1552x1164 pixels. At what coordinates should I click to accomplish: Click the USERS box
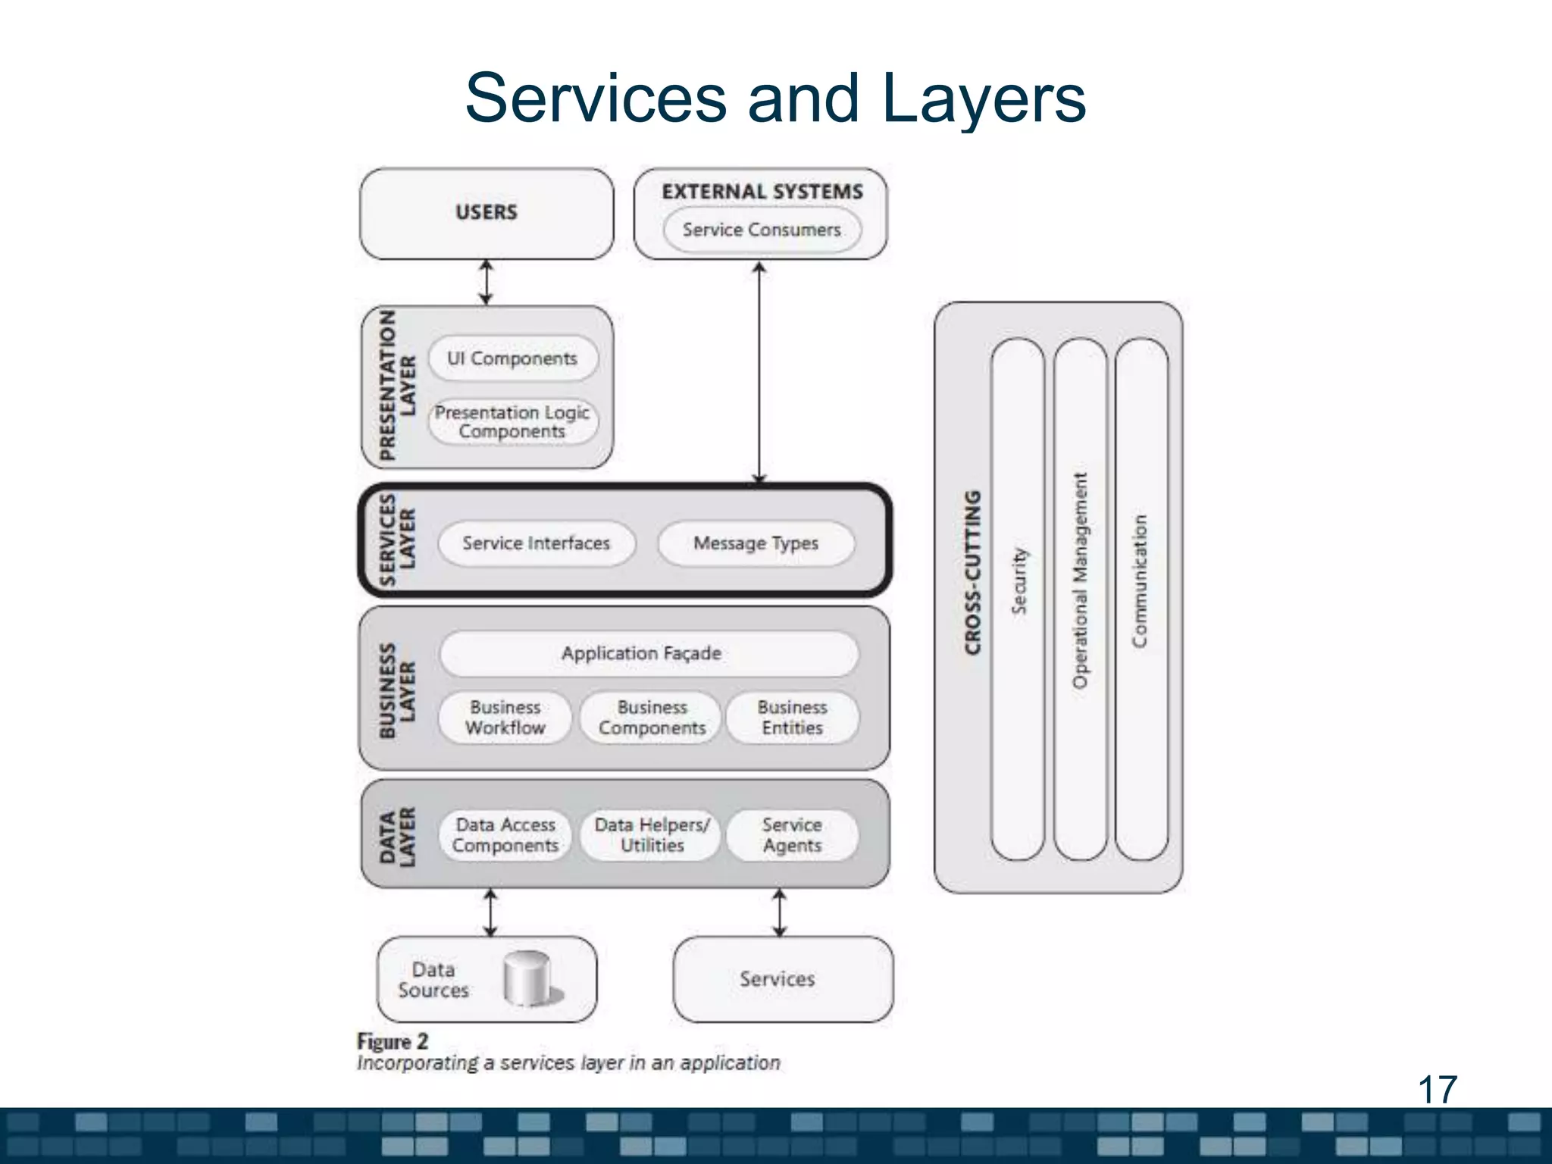487,213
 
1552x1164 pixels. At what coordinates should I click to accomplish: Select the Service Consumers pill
762,230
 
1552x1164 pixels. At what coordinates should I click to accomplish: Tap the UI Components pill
512,358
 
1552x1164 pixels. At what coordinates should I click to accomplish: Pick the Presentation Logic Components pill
512,422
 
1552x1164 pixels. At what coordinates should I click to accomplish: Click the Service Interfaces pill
537,543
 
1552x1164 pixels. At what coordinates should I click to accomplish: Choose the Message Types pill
756,543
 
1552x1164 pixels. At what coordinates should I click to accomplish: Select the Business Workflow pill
505,717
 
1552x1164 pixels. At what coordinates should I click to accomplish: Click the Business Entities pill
792,717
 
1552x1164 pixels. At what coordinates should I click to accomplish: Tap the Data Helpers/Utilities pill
652,834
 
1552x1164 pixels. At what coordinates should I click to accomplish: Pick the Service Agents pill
792,834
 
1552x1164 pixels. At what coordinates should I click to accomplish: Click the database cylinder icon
528,978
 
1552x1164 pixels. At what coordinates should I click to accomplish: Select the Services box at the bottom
781,979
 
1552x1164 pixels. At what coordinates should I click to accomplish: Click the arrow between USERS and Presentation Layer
487,282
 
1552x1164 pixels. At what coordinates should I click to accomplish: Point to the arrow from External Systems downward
759,371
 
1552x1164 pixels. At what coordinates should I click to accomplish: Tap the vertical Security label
1019,580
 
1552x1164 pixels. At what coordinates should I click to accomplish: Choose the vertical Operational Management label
1080,580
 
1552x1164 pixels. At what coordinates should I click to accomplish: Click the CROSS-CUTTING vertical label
973,572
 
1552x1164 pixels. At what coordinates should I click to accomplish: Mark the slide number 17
1437,1090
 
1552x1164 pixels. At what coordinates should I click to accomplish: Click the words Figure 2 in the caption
393,1041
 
